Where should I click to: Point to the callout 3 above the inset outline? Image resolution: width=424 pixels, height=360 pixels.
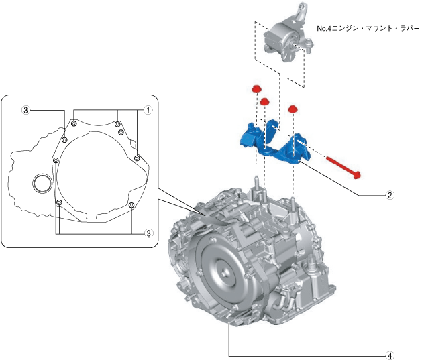(x=25, y=109)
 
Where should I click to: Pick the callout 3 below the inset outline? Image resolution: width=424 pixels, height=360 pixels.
(x=148, y=232)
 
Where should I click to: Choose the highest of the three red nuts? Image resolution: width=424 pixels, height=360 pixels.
(x=256, y=89)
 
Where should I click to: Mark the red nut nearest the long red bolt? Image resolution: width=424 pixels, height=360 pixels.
(x=293, y=107)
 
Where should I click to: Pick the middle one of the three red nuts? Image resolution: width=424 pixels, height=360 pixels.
(x=264, y=101)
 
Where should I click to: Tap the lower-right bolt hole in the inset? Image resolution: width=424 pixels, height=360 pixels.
(x=131, y=204)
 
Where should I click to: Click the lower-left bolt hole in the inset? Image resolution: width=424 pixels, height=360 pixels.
(x=59, y=202)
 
